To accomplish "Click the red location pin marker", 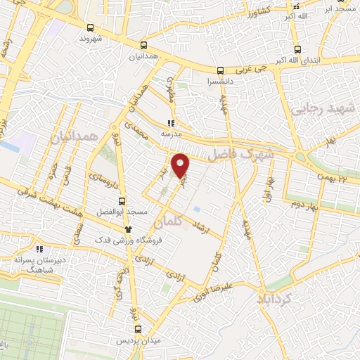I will click(x=181, y=165).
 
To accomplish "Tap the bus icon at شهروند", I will click(x=90, y=28).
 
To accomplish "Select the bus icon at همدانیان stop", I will click(x=143, y=43).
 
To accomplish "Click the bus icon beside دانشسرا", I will click(x=220, y=70).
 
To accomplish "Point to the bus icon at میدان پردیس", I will click(x=139, y=328).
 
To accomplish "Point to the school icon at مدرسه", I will click(x=170, y=122).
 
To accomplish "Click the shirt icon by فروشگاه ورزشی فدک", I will click(x=127, y=229).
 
